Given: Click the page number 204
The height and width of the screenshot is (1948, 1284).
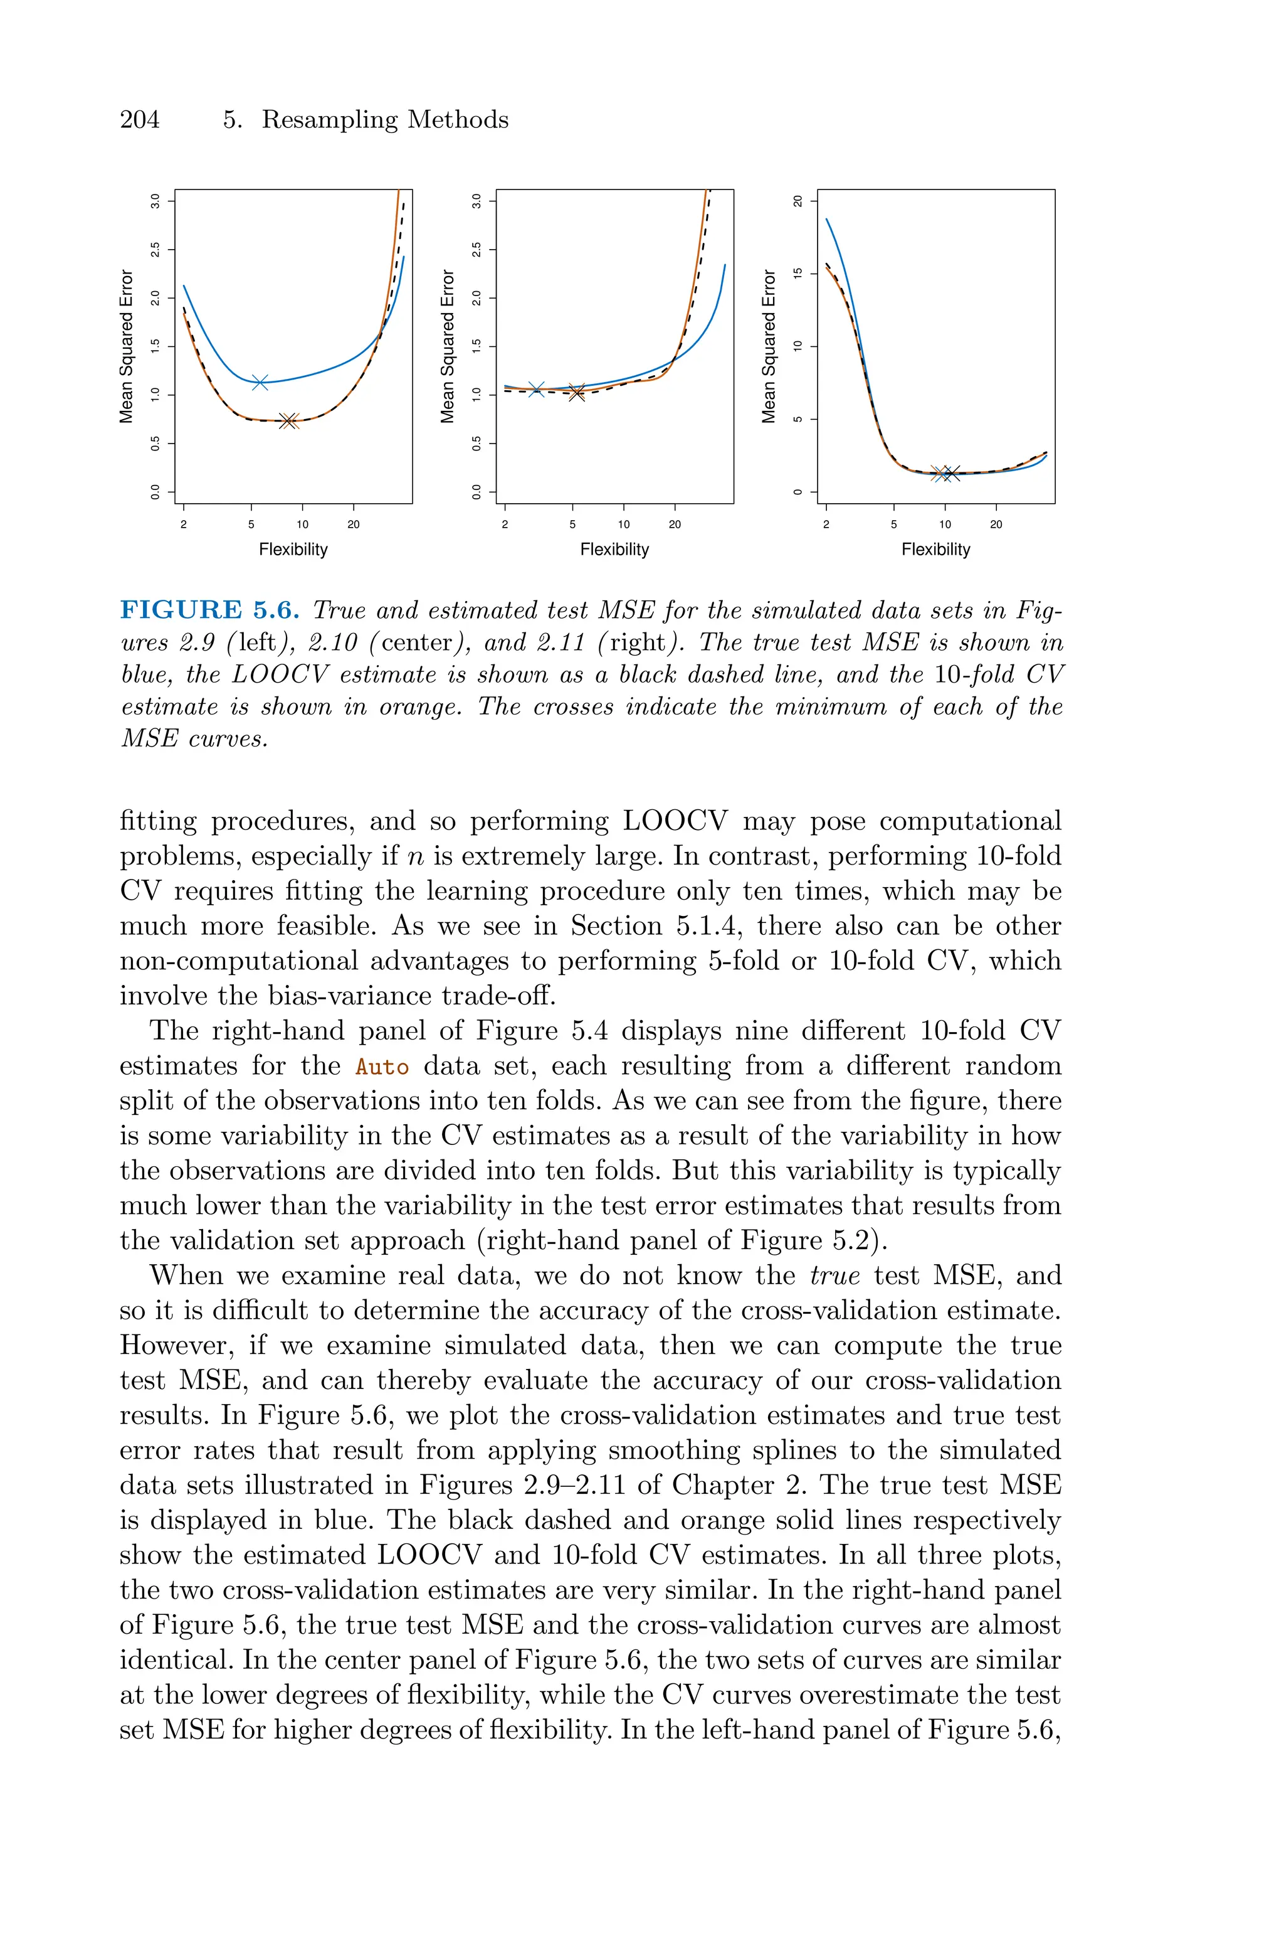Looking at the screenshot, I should [140, 120].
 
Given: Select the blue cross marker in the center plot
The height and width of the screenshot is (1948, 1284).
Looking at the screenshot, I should [537, 389].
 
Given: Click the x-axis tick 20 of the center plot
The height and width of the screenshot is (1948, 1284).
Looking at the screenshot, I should [675, 524].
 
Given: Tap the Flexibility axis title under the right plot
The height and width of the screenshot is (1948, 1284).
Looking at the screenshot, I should [935, 550].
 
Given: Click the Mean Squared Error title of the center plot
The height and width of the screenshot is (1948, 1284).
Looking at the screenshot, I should [447, 346].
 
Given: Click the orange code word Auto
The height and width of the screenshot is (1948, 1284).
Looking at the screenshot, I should [382, 1067].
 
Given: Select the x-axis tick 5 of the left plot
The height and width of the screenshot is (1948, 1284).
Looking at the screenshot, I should [251, 524].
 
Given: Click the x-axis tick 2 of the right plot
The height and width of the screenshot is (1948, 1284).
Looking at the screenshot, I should [826, 524].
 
